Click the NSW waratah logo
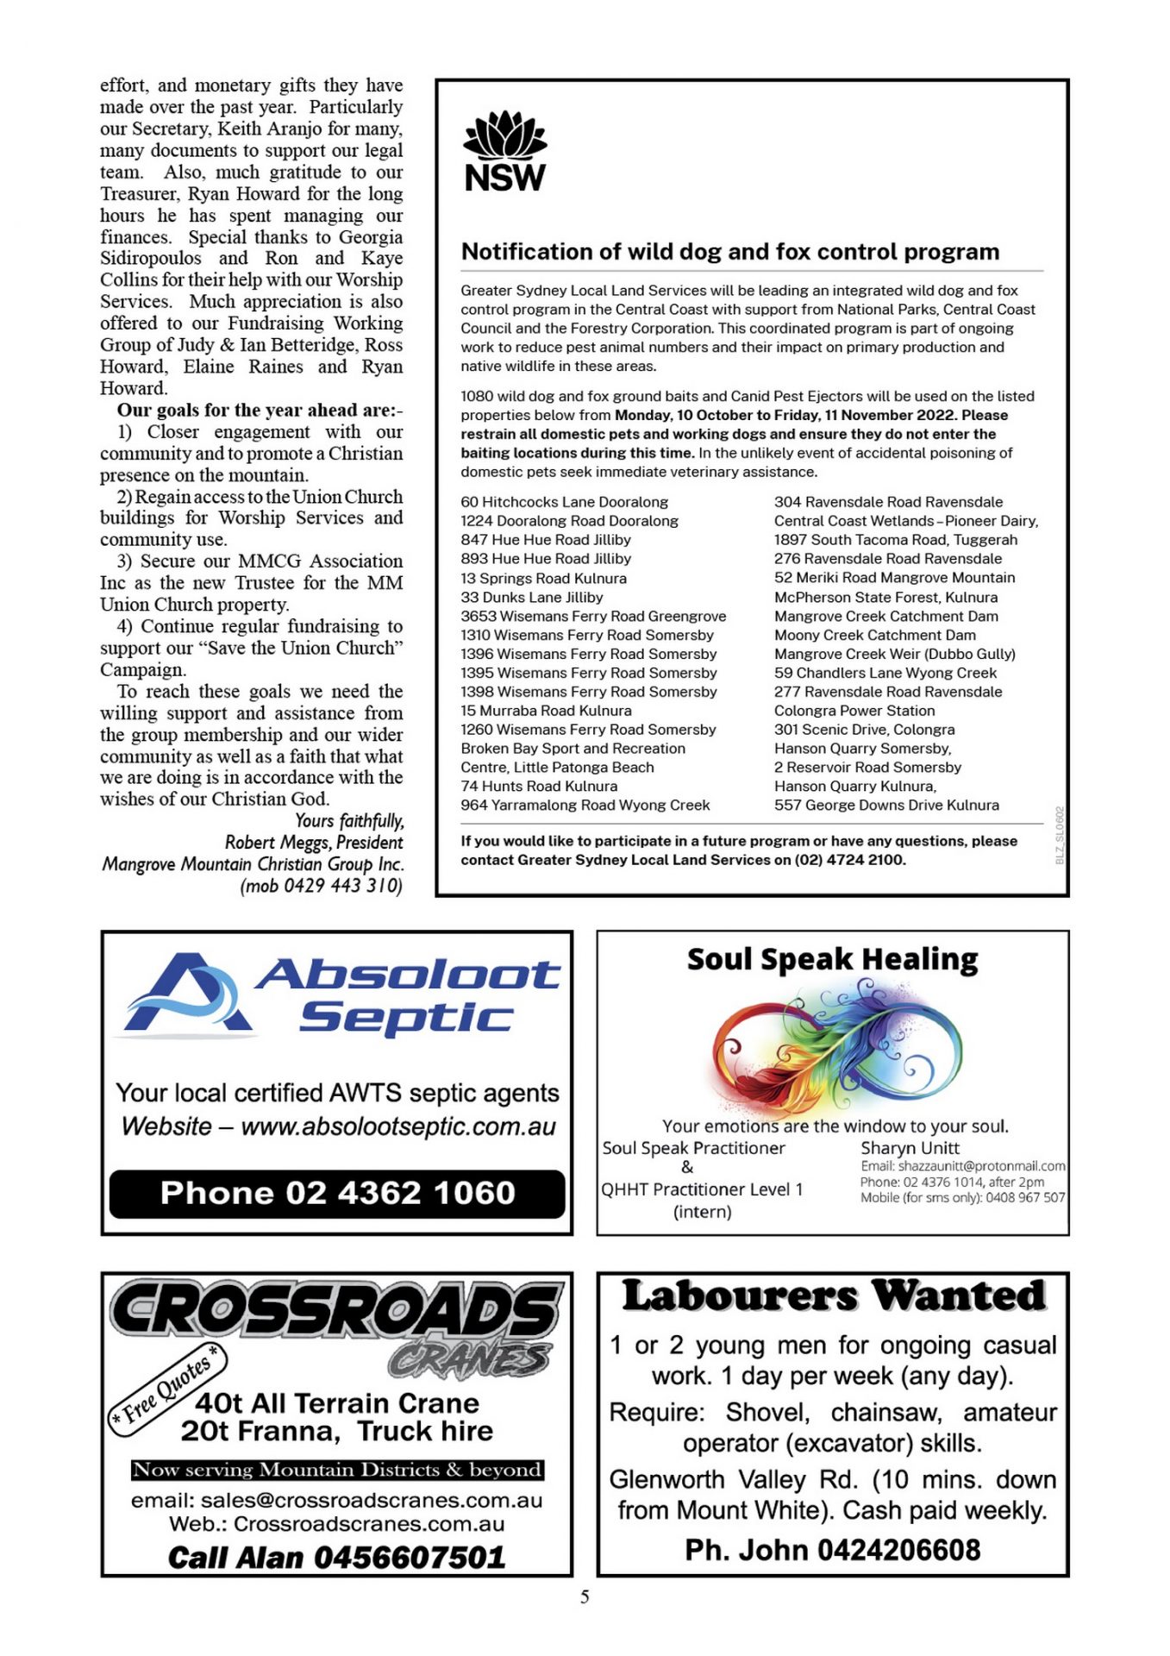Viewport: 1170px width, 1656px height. click(504, 151)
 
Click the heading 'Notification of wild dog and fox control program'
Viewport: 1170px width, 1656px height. click(730, 251)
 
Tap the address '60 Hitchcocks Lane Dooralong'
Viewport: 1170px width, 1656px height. click(564, 502)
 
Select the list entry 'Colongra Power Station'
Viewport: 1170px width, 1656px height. click(854, 711)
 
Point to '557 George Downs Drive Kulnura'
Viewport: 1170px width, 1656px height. click(886, 805)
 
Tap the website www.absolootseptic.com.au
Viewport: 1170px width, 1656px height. click(398, 1126)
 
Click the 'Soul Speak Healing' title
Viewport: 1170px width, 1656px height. click(832, 959)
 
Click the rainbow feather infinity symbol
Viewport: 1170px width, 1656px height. click(835, 1051)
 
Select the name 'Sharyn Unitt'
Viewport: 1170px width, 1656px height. click(910, 1148)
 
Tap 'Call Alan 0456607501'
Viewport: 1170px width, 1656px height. click(336, 1557)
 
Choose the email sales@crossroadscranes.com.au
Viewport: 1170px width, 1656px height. click(336, 1501)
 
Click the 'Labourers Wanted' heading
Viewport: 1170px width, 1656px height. click(833, 1295)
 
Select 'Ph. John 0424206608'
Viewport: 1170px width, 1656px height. click(832, 1550)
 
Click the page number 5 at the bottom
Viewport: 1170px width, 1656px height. click(585, 1596)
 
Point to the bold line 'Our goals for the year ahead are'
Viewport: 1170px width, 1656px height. click(260, 411)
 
